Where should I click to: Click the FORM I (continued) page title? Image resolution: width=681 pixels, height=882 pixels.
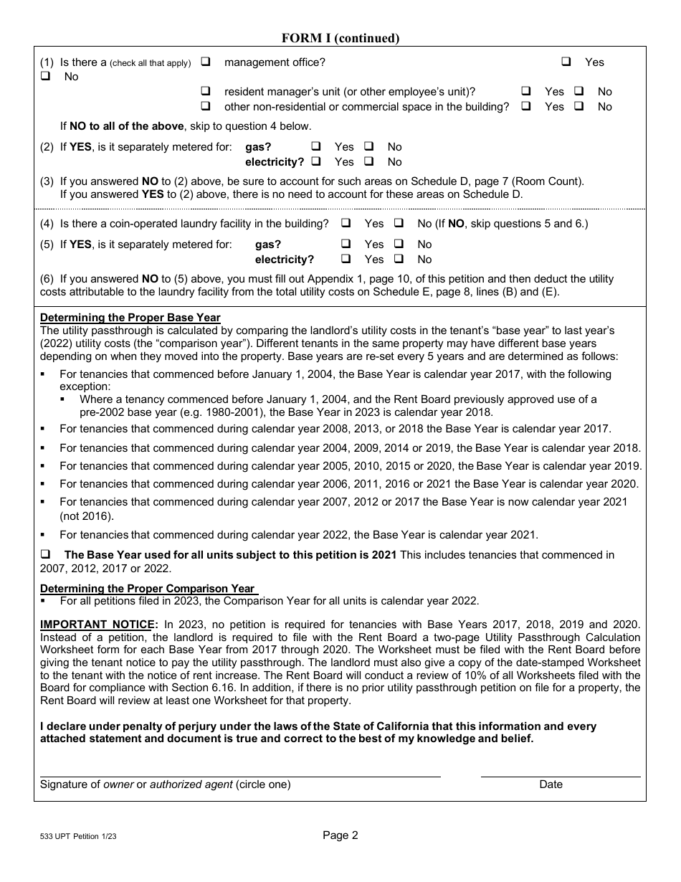(340, 38)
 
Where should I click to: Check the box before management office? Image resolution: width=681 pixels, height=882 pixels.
(205, 62)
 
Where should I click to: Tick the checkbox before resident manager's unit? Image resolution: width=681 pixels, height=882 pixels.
(205, 92)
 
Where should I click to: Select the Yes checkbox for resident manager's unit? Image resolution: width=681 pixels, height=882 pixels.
(526, 92)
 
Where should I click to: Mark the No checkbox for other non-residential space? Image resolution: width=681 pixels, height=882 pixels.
(579, 107)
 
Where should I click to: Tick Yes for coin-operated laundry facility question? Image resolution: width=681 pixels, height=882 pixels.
(346, 224)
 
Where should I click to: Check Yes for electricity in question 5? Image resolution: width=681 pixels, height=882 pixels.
(346, 260)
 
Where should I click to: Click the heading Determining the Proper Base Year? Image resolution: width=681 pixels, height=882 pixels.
(130, 318)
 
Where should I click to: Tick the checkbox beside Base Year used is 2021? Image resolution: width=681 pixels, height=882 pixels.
(45, 555)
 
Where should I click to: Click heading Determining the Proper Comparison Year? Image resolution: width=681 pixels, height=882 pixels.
(147, 589)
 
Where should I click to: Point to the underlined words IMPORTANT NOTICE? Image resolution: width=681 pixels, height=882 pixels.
(97, 625)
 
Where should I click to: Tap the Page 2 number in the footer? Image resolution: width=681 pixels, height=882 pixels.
(340, 835)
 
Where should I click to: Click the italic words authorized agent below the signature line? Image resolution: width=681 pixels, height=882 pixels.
(191, 784)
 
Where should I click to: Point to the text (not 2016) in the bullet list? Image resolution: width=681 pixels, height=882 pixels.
(87, 516)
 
